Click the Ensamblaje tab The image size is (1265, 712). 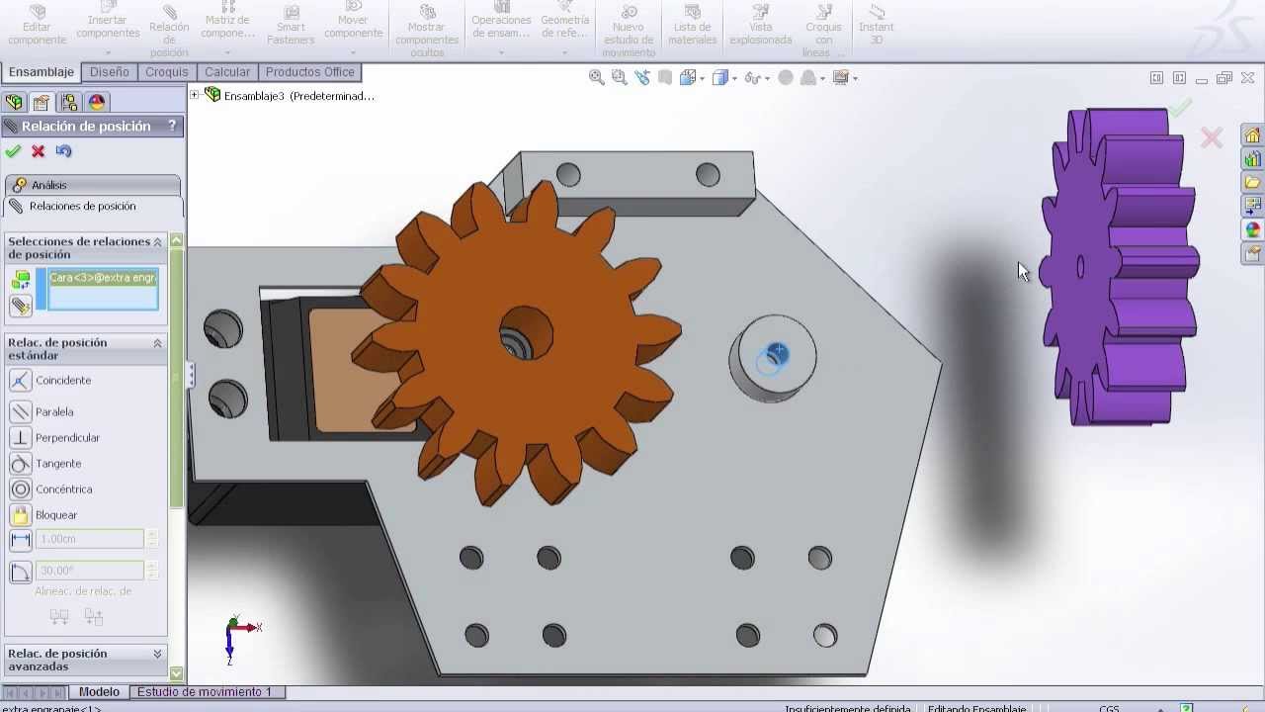pyautogui.click(x=42, y=72)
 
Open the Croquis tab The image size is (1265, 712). pyautogui.click(x=166, y=72)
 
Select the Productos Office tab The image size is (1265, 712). pyautogui.click(x=309, y=72)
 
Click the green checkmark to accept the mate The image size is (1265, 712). pyautogui.click(x=13, y=151)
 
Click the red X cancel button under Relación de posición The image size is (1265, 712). pyautogui.click(x=39, y=151)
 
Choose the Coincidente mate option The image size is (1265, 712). pyautogui.click(x=63, y=381)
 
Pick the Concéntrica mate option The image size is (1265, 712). pyautogui.click(x=63, y=489)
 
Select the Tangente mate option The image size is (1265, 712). pyautogui.click(x=58, y=464)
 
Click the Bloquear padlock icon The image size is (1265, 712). pyautogui.click(x=21, y=515)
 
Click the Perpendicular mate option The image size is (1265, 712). pyautogui.click(x=67, y=438)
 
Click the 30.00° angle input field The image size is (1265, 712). pyautogui.click(x=89, y=571)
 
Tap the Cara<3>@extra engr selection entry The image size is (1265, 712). pyautogui.click(x=103, y=278)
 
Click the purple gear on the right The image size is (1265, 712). pyautogui.click(x=1117, y=267)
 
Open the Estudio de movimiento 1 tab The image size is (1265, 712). pyautogui.click(x=204, y=692)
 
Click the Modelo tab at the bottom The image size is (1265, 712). pyautogui.click(x=99, y=692)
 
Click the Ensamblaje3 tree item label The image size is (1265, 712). pyautogui.click(x=298, y=96)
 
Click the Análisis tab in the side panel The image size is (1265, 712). pyautogui.click(x=48, y=185)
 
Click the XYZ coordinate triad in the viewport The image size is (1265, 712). pyautogui.click(x=234, y=633)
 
